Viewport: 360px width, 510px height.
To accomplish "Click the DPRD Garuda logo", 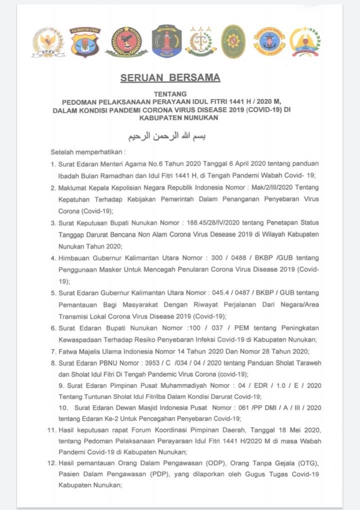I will click(48, 42).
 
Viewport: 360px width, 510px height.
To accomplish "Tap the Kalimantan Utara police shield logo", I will click(84, 42).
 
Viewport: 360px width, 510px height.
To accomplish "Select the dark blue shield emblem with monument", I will click(166, 41).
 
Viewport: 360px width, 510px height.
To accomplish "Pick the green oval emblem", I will click(233, 41).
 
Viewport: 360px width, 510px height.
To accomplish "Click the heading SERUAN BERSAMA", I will click(170, 78).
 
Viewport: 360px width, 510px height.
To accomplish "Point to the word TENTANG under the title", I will click(171, 93).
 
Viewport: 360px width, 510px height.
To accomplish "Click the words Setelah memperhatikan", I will click(88, 151).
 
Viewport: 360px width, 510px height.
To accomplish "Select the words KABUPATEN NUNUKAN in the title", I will click(171, 117).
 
